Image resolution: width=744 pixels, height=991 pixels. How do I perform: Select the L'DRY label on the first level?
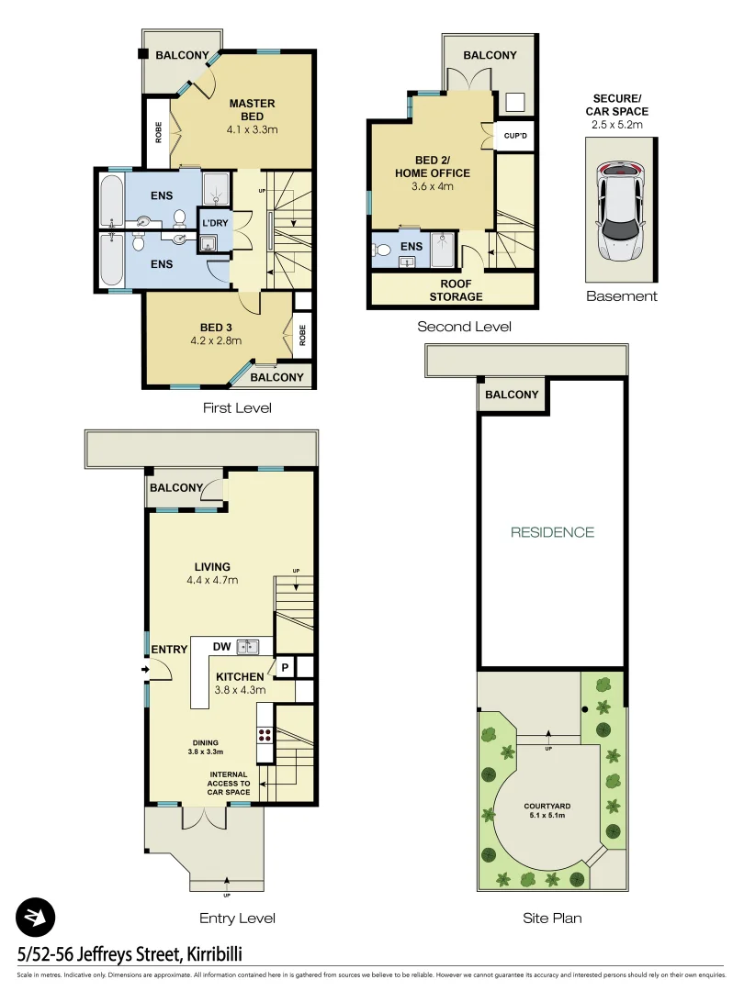[215, 224]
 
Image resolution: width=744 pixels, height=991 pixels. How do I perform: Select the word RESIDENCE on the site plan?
[552, 532]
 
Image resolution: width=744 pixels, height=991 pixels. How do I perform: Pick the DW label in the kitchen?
[221, 647]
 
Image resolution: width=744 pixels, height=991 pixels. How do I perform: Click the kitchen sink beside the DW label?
[248, 647]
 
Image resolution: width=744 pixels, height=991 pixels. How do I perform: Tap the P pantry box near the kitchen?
[285, 667]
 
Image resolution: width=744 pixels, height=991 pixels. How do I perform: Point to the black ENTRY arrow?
[145, 669]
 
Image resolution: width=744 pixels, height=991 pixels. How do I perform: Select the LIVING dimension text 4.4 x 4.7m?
[211, 580]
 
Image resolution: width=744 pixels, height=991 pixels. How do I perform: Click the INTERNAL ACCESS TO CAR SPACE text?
[229, 784]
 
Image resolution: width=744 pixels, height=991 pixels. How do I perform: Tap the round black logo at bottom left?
[36, 917]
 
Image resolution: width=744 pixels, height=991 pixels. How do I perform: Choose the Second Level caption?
[464, 327]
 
